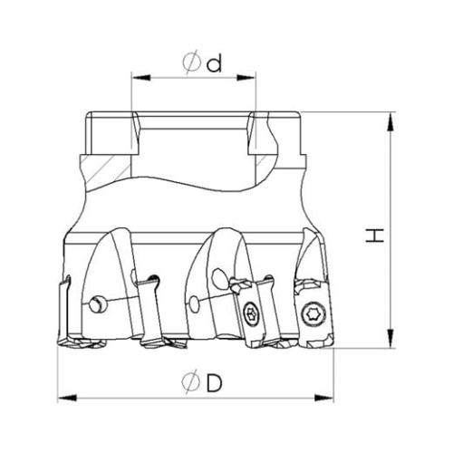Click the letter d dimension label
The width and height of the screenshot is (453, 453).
tap(214, 63)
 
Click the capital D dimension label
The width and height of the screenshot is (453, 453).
tap(215, 383)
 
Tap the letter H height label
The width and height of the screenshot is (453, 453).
tap(375, 236)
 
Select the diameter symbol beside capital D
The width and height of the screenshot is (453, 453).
tap(191, 382)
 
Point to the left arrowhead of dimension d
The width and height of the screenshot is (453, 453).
tap(141, 78)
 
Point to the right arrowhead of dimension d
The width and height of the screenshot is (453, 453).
tap(246, 78)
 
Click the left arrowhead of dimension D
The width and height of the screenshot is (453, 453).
tap(67, 398)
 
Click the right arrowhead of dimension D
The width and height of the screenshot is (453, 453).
tap(323, 398)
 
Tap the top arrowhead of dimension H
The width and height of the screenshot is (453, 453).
tap(390, 121)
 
